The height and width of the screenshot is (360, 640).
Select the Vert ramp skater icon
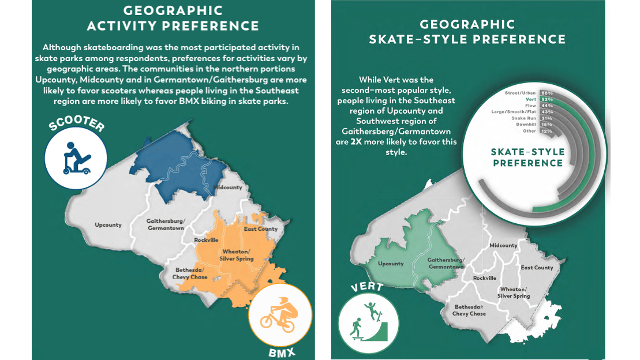coord(368,320)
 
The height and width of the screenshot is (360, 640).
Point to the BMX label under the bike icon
coord(281,351)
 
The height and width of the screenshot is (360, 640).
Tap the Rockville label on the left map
coord(206,240)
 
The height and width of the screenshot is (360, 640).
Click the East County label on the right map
coord(537,268)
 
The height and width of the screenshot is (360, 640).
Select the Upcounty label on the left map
coord(108,225)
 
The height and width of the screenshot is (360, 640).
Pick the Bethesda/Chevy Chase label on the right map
coord(469,310)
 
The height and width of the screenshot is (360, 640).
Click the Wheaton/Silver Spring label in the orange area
coord(237,256)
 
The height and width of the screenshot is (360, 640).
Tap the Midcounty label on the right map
coord(503,245)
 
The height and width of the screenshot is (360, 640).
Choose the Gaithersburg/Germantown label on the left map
coord(165,224)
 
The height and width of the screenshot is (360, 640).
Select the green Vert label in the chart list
coord(531,99)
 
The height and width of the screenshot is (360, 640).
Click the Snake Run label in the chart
coord(524,118)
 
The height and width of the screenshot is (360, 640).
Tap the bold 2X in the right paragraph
coord(356,142)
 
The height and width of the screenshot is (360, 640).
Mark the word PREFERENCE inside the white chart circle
coord(527,163)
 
